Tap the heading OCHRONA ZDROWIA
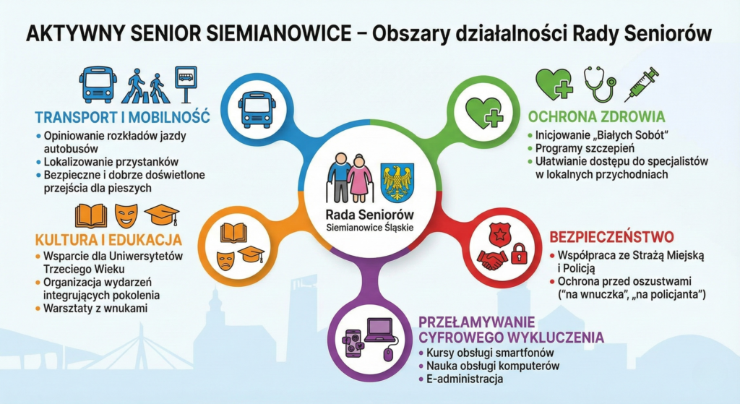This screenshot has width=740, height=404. (596, 116)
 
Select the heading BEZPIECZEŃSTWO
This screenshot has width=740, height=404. (611, 237)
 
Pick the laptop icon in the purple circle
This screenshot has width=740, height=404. (379, 330)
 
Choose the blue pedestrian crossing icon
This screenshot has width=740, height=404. (145, 85)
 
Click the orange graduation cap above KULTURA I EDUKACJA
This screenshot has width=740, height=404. (161, 214)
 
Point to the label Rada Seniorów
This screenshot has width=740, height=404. (369, 215)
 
